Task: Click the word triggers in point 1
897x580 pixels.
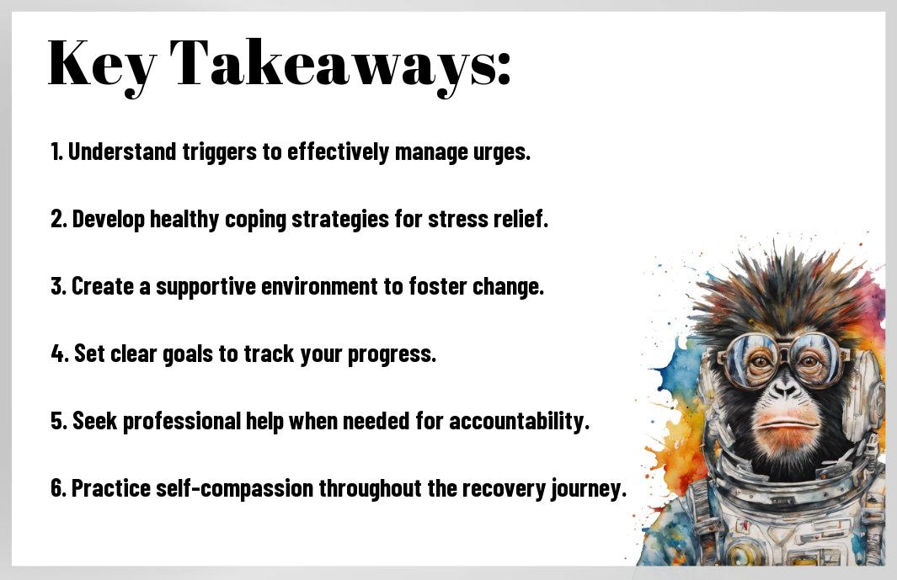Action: pos(220,153)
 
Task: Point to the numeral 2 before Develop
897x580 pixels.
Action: pos(56,219)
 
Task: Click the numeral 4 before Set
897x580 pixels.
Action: pos(58,354)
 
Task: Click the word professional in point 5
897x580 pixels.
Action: pos(181,422)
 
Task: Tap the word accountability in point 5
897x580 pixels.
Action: pos(519,422)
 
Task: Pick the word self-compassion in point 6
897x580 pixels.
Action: pos(234,489)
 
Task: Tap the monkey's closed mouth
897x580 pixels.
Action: pos(786,423)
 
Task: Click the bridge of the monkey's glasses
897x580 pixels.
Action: pos(784,346)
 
